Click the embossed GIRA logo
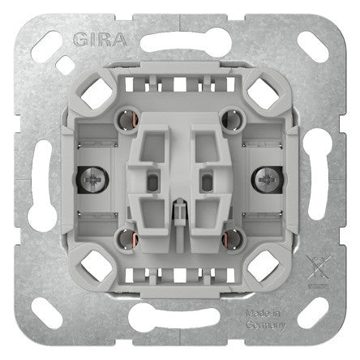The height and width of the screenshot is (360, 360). [100, 40]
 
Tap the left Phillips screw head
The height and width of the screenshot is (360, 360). [93, 180]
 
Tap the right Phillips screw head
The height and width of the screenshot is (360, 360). [267, 180]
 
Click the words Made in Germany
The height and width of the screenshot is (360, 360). [265, 319]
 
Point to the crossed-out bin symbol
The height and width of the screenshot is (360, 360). [319, 268]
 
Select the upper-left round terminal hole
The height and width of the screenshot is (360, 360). [126, 119]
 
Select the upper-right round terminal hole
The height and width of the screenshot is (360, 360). [233, 119]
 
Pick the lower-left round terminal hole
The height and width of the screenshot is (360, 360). [126, 239]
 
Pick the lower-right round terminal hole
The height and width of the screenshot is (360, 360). [233, 239]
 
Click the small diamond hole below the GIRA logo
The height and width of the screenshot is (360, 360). [65, 65]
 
